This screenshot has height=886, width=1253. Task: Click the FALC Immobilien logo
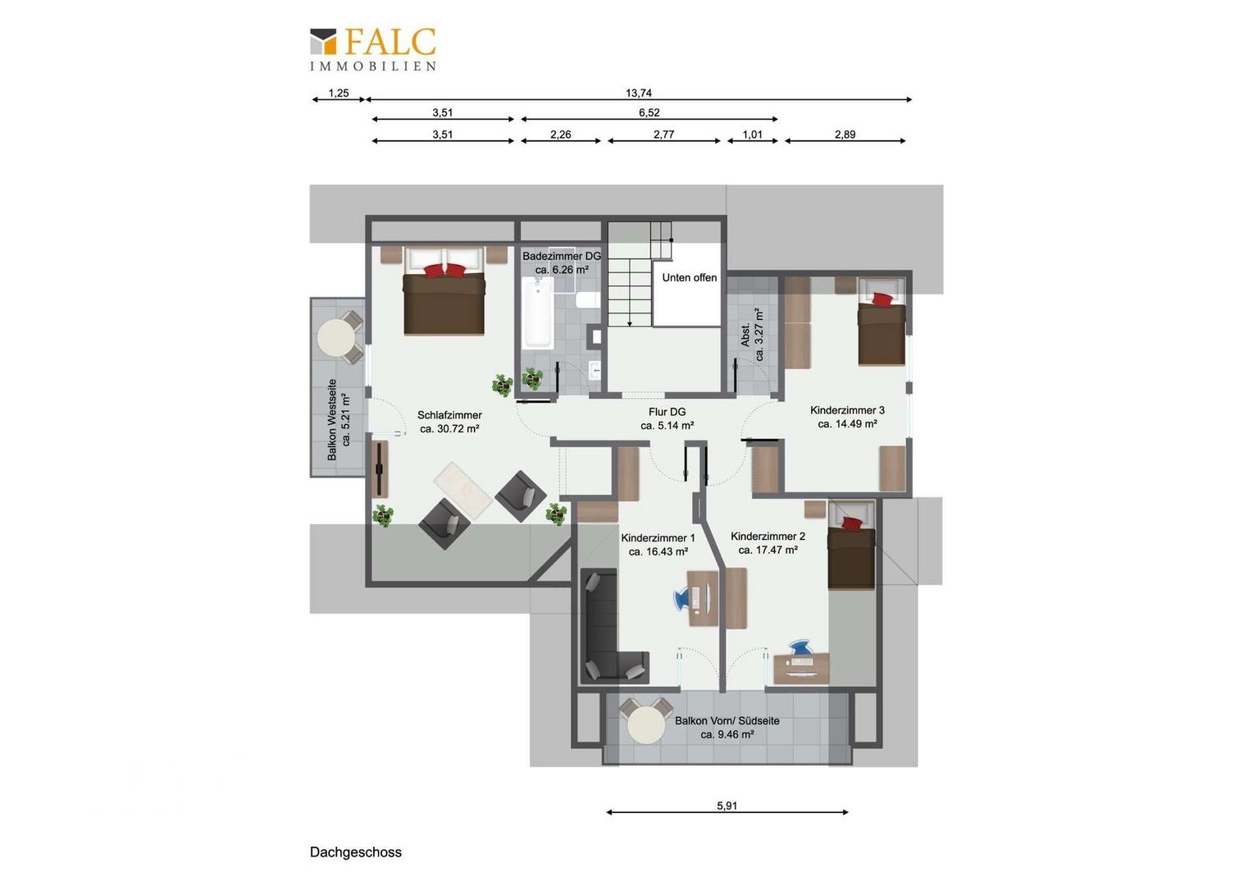(373, 48)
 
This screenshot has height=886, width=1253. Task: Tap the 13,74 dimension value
(639, 94)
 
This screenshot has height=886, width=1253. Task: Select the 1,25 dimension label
(339, 94)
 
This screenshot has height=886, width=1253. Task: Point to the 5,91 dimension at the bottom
(727, 806)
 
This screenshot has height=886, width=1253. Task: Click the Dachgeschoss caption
(356, 852)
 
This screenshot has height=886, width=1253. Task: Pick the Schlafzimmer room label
(449, 422)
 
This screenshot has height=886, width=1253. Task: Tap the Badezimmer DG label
(562, 263)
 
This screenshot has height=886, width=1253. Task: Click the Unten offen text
(690, 278)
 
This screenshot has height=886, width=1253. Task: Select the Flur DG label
(667, 419)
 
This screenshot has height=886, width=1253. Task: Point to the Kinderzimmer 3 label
(847, 417)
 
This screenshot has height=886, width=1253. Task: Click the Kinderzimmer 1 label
(658, 545)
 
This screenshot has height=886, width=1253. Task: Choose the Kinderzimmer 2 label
(768, 543)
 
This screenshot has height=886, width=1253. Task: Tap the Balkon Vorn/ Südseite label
(727, 728)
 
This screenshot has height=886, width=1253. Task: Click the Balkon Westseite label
(339, 419)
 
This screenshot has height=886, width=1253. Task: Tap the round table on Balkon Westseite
(336, 336)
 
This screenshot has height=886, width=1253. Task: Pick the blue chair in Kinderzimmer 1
(682, 597)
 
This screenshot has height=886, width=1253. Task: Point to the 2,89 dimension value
(845, 135)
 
